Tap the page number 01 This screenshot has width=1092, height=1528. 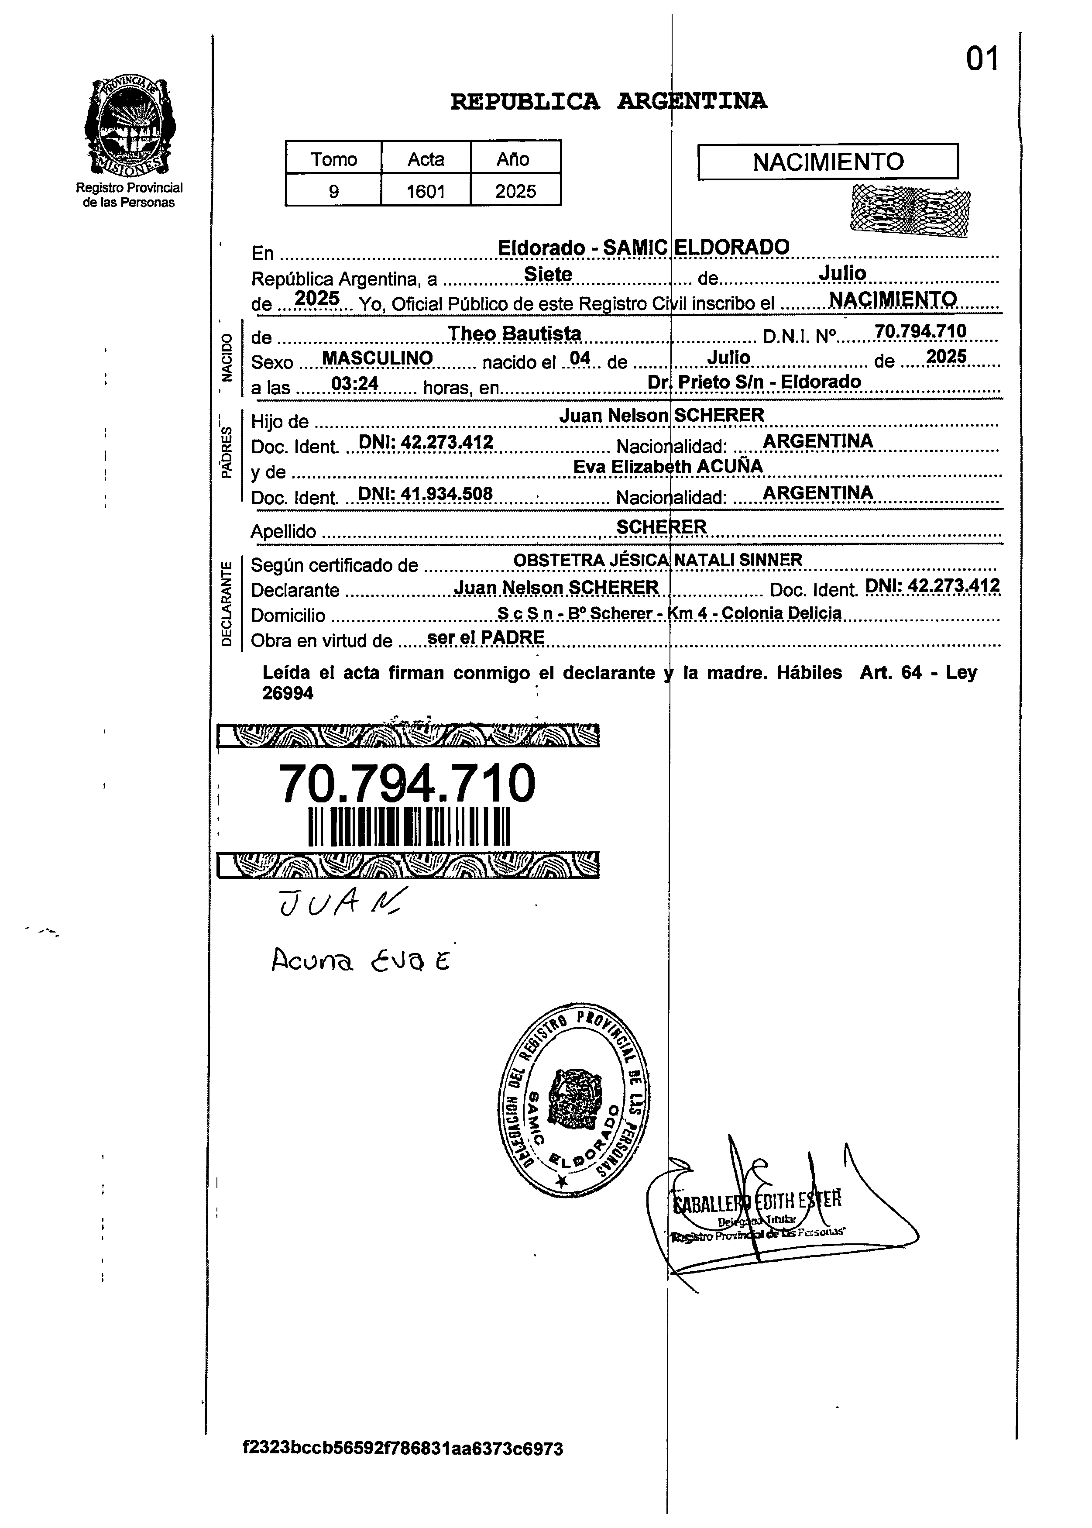pos(982,60)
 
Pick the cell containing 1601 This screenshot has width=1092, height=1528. pos(426,192)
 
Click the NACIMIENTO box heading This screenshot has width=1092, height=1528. pos(828,162)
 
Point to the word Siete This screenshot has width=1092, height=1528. pos(548,275)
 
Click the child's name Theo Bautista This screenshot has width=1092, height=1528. pos(515,334)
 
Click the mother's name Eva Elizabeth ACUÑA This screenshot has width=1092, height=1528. pos(668,467)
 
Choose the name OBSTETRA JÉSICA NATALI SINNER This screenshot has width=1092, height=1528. pos(658,560)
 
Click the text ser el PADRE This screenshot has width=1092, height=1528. pos(485,637)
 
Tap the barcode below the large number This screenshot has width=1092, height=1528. pos(409,826)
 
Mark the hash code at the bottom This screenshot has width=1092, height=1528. pos(403,1448)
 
